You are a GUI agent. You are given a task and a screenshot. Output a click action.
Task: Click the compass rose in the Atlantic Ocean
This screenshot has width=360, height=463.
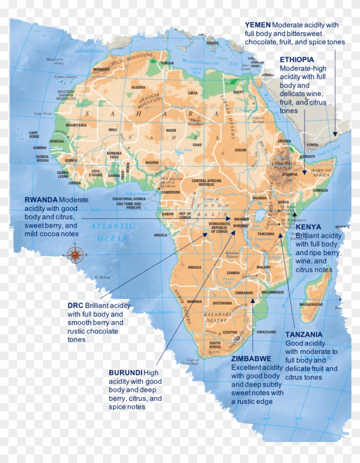[76, 255]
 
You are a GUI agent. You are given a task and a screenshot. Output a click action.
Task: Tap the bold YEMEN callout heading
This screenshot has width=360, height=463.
[258, 25]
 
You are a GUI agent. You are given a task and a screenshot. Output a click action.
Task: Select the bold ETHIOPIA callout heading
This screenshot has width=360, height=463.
[297, 60]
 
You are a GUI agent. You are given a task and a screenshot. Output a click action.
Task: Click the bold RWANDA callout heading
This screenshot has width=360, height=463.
[41, 200]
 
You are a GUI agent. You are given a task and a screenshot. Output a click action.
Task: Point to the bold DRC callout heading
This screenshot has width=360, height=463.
[75, 306]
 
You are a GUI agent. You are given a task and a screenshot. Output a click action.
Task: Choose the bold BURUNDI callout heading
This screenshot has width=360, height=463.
[126, 373]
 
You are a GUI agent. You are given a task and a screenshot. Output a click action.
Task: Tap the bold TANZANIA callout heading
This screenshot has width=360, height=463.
[304, 334]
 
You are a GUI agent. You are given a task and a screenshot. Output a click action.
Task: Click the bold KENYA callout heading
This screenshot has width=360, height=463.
[308, 227]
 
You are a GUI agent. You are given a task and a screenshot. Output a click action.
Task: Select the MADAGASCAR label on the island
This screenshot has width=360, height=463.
[311, 304]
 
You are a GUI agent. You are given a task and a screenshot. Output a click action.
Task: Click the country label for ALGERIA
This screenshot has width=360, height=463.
[138, 87]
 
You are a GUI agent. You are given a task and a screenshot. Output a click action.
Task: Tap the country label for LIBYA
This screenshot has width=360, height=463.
[193, 93]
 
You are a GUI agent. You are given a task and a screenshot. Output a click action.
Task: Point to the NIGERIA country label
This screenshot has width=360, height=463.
[152, 162]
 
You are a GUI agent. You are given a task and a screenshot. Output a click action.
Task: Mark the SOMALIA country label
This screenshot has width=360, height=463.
[320, 190]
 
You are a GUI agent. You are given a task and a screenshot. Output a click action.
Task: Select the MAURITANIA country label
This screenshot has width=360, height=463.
[76, 125]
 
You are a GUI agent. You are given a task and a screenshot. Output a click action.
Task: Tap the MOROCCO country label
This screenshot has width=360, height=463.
[102, 69]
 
